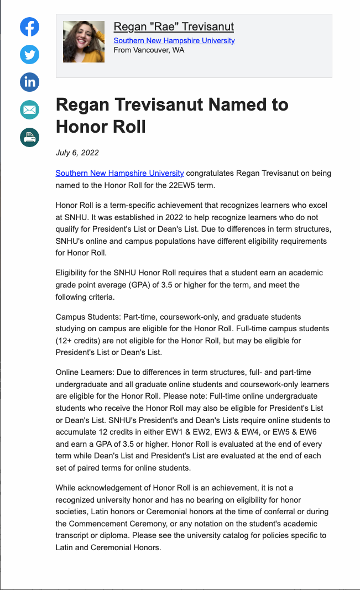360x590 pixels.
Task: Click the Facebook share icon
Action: point(30,27)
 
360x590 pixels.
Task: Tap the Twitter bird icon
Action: point(30,55)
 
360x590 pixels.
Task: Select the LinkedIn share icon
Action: point(30,82)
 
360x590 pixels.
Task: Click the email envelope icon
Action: point(30,110)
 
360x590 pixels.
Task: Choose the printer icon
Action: point(30,137)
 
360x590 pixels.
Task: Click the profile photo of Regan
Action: point(84,41)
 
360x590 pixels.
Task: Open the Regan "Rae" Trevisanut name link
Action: point(174,27)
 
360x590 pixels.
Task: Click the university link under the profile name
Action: point(174,40)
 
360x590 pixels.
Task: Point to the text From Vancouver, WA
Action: point(149,50)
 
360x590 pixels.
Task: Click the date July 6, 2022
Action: point(77,153)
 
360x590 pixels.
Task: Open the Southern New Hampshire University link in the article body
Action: point(119,173)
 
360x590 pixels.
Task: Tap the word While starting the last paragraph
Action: point(67,488)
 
